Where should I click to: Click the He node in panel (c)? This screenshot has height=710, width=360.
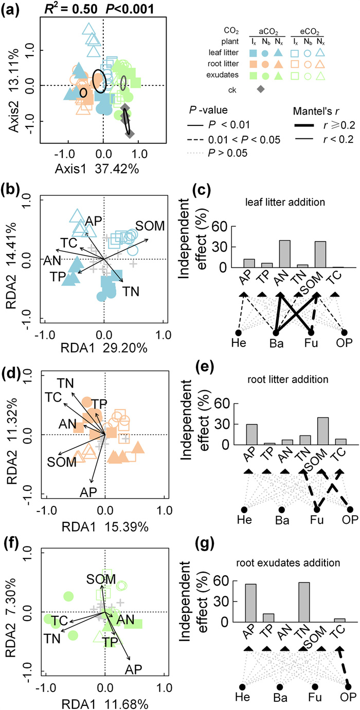coord(238,333)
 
